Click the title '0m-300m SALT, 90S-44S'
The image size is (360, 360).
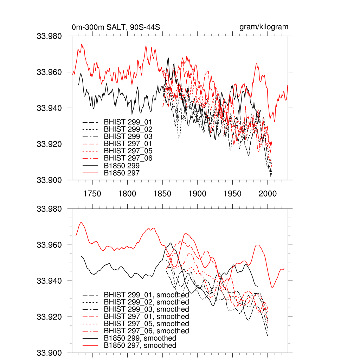click(116, 27)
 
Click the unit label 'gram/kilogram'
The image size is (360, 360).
click(264, 27)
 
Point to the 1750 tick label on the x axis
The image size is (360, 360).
click(92, 194)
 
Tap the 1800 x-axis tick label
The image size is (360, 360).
click(127, 194)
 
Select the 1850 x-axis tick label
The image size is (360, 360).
click(162, 194)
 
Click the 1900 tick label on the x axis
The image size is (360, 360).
click(198, 194)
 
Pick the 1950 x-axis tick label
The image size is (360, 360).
click(233, 194)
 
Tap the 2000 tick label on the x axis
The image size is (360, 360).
click(268, 194)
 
